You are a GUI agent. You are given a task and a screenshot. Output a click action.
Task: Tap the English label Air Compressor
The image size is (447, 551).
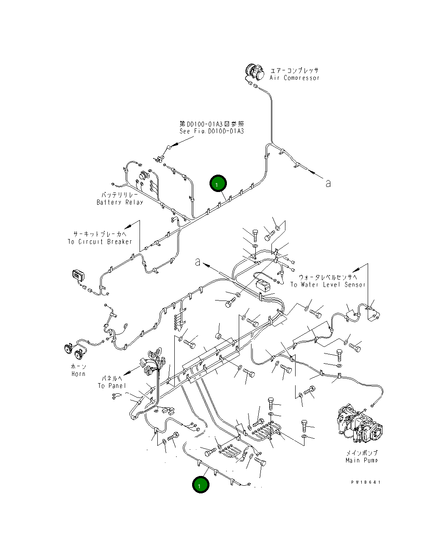294,78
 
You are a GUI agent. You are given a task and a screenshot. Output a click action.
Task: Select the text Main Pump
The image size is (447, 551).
361,460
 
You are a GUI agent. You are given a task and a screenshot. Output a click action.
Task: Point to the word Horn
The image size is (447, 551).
78,374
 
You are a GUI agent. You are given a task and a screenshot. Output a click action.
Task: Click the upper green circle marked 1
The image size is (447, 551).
218,184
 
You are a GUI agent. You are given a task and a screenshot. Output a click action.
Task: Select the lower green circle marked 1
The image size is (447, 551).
201,484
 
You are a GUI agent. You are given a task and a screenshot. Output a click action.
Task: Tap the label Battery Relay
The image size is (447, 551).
120,202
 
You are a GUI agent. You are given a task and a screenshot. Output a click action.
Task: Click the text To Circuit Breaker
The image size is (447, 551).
100,242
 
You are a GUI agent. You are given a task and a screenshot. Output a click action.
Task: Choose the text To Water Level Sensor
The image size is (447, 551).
327,284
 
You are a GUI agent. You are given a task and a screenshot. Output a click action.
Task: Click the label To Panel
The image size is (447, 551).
112,386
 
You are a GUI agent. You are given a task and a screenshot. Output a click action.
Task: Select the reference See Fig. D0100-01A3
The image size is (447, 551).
212,131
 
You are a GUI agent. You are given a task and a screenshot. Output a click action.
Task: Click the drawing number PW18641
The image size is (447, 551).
366,482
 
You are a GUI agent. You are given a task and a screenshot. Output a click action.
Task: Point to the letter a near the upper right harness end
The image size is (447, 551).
328,183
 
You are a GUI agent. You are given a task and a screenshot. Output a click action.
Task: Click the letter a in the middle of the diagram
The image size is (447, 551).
198,262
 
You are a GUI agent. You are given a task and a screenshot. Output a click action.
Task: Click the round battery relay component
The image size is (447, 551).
144,175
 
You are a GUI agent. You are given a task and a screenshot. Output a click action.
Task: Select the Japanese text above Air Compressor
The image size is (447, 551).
294,70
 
